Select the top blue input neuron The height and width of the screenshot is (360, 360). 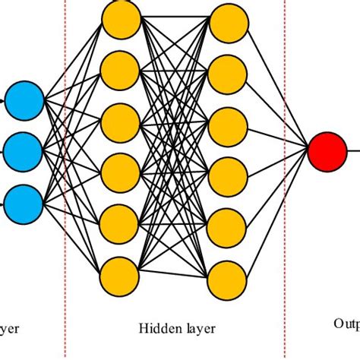[x=24, y=99]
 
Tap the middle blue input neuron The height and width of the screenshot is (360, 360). [x=24, y=150]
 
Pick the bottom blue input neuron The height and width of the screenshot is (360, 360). [x=24, y=201]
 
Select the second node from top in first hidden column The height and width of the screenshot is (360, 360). [x=122, y=70]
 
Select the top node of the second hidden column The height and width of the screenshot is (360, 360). [x=229, y=24]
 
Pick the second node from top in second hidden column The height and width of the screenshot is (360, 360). [x=229, y=74]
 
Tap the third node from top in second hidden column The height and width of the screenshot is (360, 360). [x=229, y=124]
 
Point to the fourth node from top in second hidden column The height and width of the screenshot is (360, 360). [x=229, y=174]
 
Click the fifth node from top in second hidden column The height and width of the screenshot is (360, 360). [x=229, y=224]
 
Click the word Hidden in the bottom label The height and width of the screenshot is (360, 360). [x=156, y=329]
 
